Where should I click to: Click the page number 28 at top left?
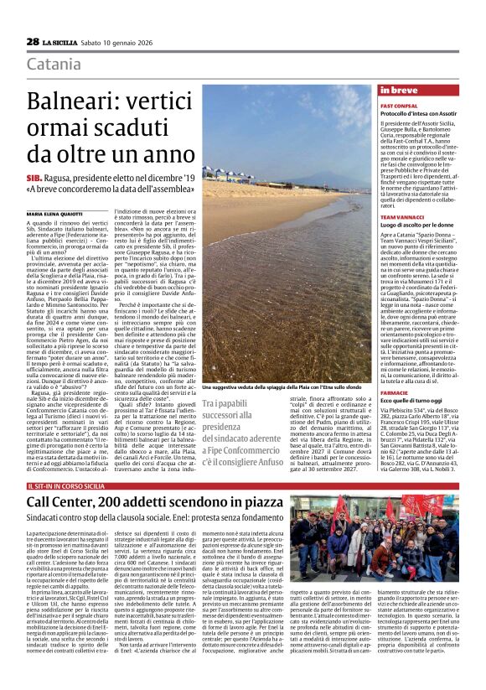tap(33, 41)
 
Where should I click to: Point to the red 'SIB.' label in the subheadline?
tap(36, 179)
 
